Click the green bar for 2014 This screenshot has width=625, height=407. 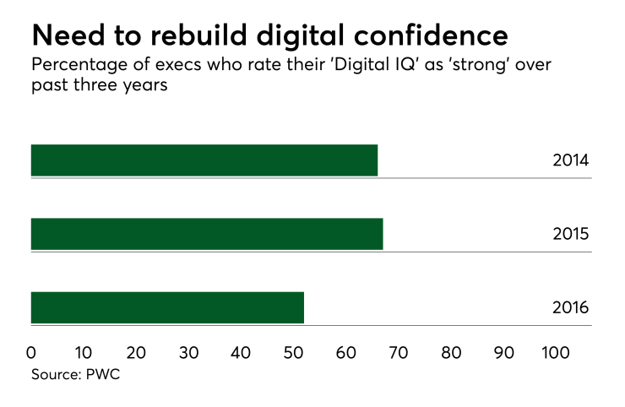coord(204,160)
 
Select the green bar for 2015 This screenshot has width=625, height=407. coord(207,234)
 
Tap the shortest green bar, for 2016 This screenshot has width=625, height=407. coord(167,307)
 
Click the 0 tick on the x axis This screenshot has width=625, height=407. coord(31,351)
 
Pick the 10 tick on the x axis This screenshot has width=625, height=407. coord(83,351)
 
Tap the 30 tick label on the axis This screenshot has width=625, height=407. coord(188,351)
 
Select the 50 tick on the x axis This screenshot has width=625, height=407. coord(294,351)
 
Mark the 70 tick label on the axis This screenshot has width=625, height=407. coord(399,351)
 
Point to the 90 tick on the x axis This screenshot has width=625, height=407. coord(504,351)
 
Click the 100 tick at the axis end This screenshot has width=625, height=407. coord(556,351)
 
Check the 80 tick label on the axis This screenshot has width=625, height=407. coord(451,351)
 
